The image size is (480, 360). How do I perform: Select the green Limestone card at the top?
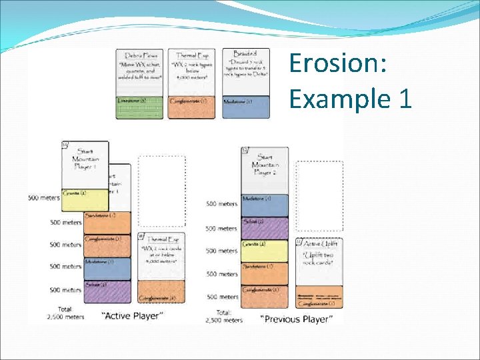[x=140, y=107]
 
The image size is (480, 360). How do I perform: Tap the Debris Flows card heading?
[x=139, y=56]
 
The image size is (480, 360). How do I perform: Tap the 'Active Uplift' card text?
[x=319, y=255]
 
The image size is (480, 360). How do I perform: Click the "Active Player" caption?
[x=131, y=315]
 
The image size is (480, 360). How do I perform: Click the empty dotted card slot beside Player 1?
[x=161, y=191]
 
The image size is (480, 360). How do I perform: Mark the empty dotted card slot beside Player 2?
[x=319, y=197]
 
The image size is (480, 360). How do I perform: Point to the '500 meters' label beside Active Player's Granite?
[x=45, y=198]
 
